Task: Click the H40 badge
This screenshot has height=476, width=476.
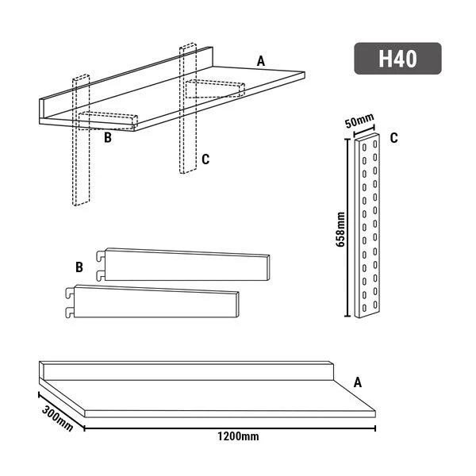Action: click(397, 59)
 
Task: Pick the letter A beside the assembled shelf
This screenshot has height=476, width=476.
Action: click(260, 60)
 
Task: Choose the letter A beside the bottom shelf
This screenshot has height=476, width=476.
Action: click(357, 382)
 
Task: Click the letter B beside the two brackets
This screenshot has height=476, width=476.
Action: click(79, 267)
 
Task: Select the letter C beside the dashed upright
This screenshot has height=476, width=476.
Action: click(205, 159)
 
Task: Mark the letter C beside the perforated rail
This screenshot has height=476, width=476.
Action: click(393, 137)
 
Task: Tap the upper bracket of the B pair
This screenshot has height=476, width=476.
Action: click(186, 266)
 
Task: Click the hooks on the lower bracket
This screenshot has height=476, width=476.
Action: click(70, 302)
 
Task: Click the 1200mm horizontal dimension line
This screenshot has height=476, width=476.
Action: click(230, 429)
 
